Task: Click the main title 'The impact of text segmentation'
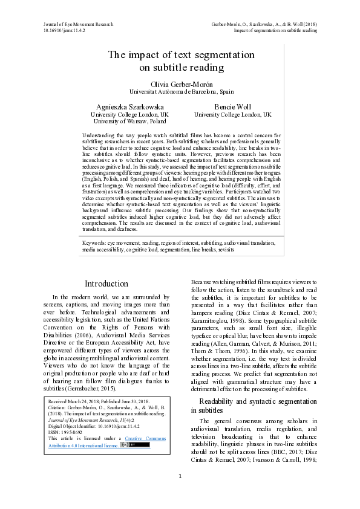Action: coord(181,54)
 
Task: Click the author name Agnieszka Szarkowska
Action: coord(129,106)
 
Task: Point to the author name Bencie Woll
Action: coord(232,106)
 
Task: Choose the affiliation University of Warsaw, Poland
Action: coord(129,121)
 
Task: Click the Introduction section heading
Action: coord(106,283)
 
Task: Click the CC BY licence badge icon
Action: coord(135,445)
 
